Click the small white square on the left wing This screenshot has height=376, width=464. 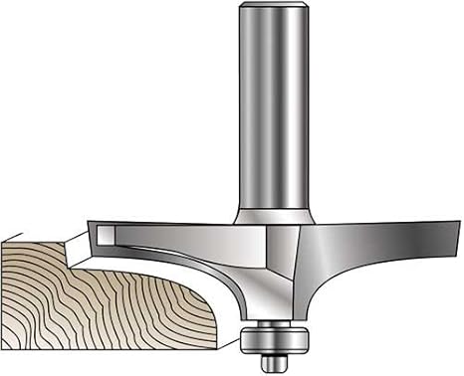(x=105, y=236)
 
